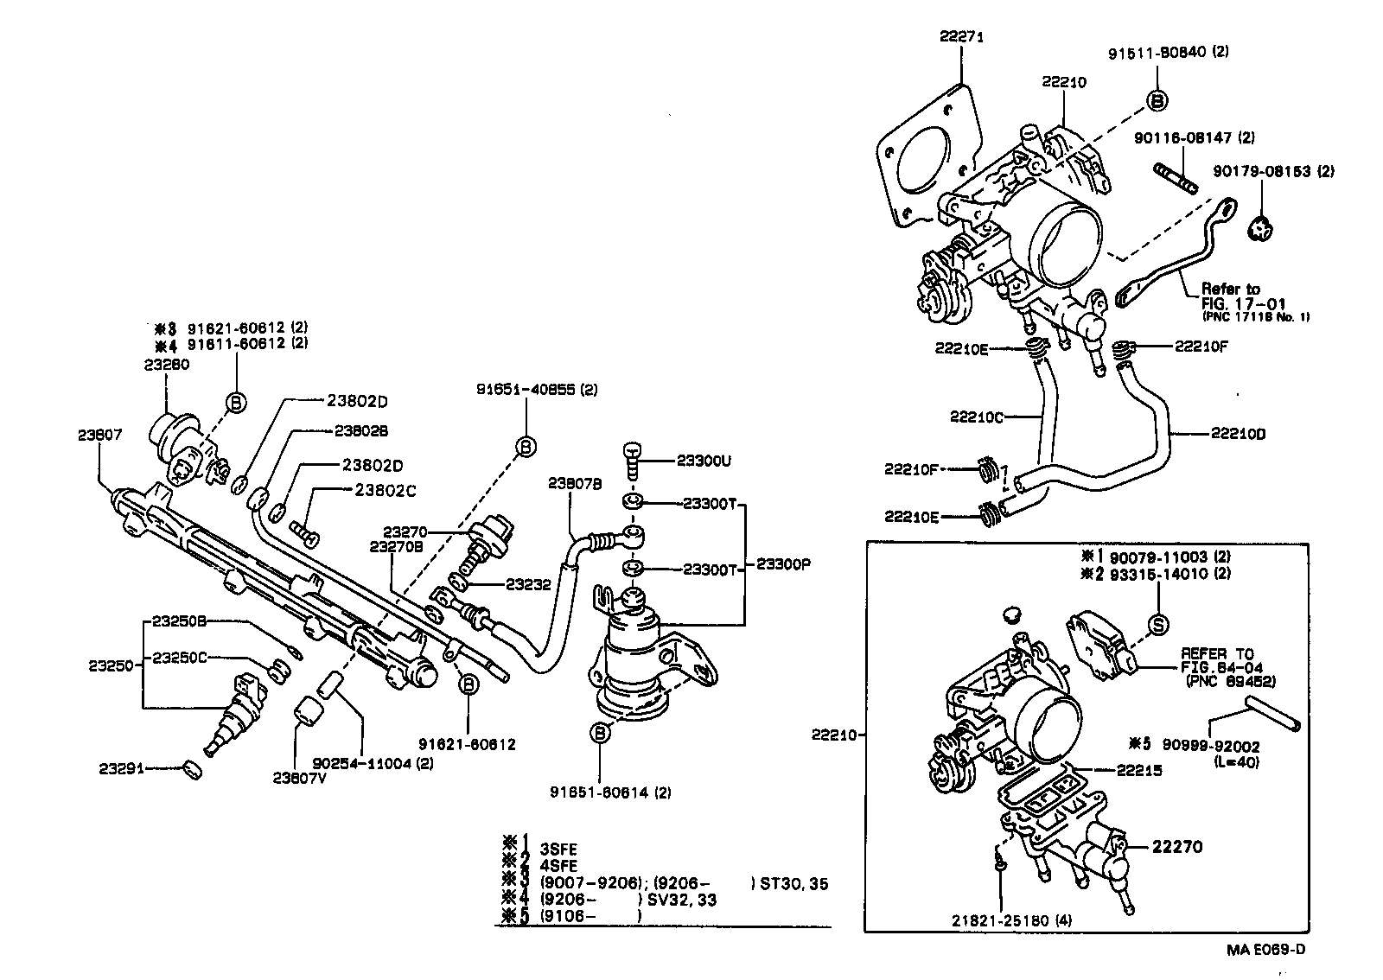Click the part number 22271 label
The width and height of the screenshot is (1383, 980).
(x=961, y=37)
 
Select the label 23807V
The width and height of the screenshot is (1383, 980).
(x=299, y=777)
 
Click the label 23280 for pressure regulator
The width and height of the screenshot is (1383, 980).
(x=166, y=365)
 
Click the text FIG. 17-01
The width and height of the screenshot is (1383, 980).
(x=1241, y=303)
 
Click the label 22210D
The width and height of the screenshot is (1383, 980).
(x=1238, y=435)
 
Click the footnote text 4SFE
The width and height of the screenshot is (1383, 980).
(x=558, y=865)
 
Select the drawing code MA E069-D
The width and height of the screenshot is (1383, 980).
(x=1265, y=950)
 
